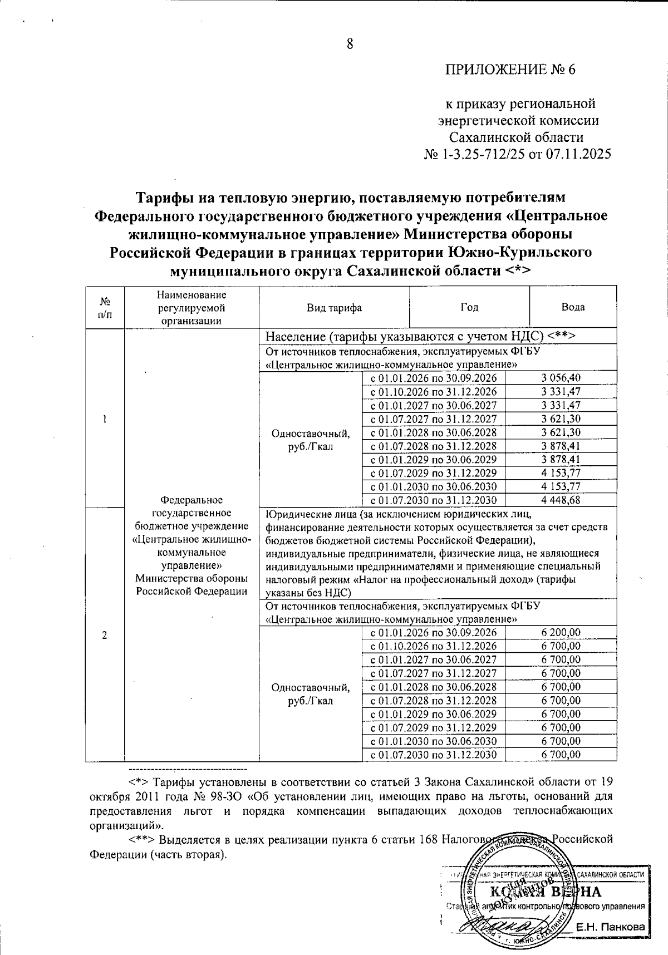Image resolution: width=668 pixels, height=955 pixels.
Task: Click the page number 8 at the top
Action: (x=350, y=45)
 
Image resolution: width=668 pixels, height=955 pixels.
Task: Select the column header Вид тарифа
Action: (x=334, y=308)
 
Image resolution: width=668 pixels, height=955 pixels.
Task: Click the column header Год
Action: (x=469, y=307)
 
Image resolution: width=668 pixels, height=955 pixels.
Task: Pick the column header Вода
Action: (x=573, y=307)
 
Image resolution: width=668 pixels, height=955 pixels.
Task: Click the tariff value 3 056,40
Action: (x=561, y=378)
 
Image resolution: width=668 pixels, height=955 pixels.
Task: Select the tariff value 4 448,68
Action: (x=561, y=500)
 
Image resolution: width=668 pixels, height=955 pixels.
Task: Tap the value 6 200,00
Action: (x=561, y=633)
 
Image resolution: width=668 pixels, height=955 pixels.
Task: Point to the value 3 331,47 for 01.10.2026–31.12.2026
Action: (x=561, y=392)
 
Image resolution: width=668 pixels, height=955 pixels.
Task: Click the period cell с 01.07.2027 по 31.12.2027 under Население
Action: (x=433, y=419)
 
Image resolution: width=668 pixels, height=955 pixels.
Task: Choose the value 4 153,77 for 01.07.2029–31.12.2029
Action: (x=561, y=473)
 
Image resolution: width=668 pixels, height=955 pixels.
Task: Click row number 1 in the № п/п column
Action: (x=105, y=419)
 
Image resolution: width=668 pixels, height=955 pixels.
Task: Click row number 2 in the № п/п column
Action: (x=105, y=636)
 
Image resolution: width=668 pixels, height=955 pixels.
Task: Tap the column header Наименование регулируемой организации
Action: (x=192, y=307)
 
